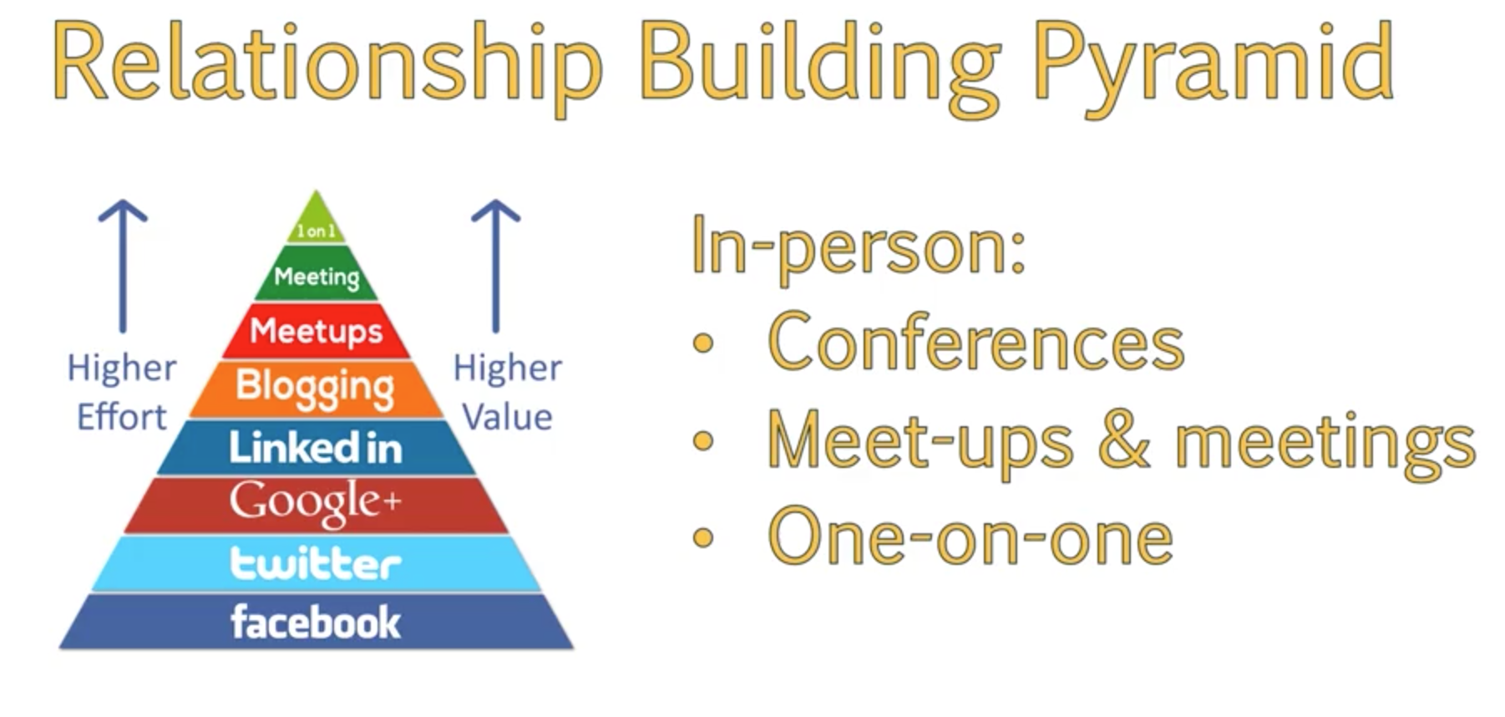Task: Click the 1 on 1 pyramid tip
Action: [x=316, y=219]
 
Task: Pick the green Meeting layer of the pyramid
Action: [x=317, y=274]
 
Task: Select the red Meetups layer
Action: [x=317, y=331]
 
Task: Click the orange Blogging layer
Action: [x=316, y=389]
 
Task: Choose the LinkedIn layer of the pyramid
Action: [x=316, y=447]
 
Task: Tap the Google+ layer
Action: [x=316, y=504]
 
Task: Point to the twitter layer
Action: [x=316, y=563]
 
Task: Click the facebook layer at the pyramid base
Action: [x=316, y=622]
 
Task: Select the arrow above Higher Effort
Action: [x=123, y=266]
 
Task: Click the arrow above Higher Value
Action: [x=496, y=266]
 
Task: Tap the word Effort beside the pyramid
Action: [x=122, y=416]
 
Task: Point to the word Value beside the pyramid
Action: [x=508, y=416]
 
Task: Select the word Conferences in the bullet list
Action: [x=975, y=342]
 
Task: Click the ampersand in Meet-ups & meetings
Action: [x=1124, y=440]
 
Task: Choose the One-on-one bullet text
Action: [x=970, y=536]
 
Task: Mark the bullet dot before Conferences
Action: [x=704, y=343]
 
